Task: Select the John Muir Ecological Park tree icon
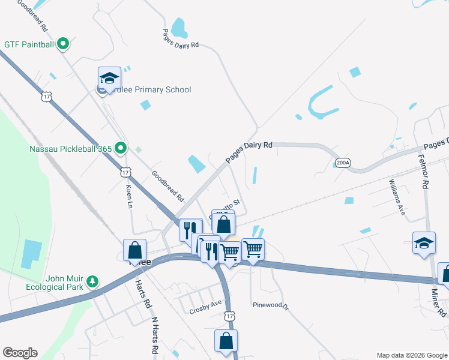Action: pos(92,281)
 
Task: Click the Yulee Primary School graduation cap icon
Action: pos(109,77)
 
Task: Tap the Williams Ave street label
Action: pos(397,197)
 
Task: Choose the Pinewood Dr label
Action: pos(271,305)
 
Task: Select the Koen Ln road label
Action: pos(129,196)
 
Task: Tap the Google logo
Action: pos(20,353)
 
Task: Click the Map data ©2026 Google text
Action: pos(411,355)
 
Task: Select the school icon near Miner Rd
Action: pos(424,243)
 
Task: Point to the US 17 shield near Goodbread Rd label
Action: pos(125,172)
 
